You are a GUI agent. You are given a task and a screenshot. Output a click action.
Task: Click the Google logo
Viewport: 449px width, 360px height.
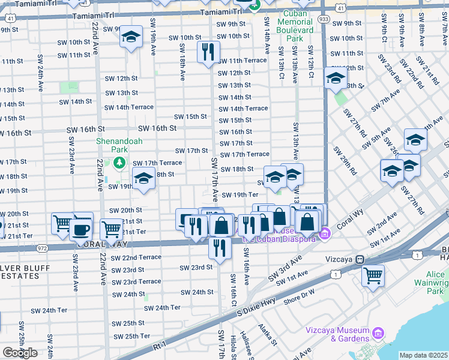20,353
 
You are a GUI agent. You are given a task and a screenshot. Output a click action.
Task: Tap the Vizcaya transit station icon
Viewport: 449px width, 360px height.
360,259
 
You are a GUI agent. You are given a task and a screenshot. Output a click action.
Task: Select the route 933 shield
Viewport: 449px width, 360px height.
324,19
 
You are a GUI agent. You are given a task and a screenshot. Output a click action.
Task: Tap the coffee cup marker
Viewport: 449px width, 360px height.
80,229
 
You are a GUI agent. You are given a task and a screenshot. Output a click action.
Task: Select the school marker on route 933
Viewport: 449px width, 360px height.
335,78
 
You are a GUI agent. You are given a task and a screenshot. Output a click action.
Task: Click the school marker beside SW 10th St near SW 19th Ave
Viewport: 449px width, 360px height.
131,37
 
